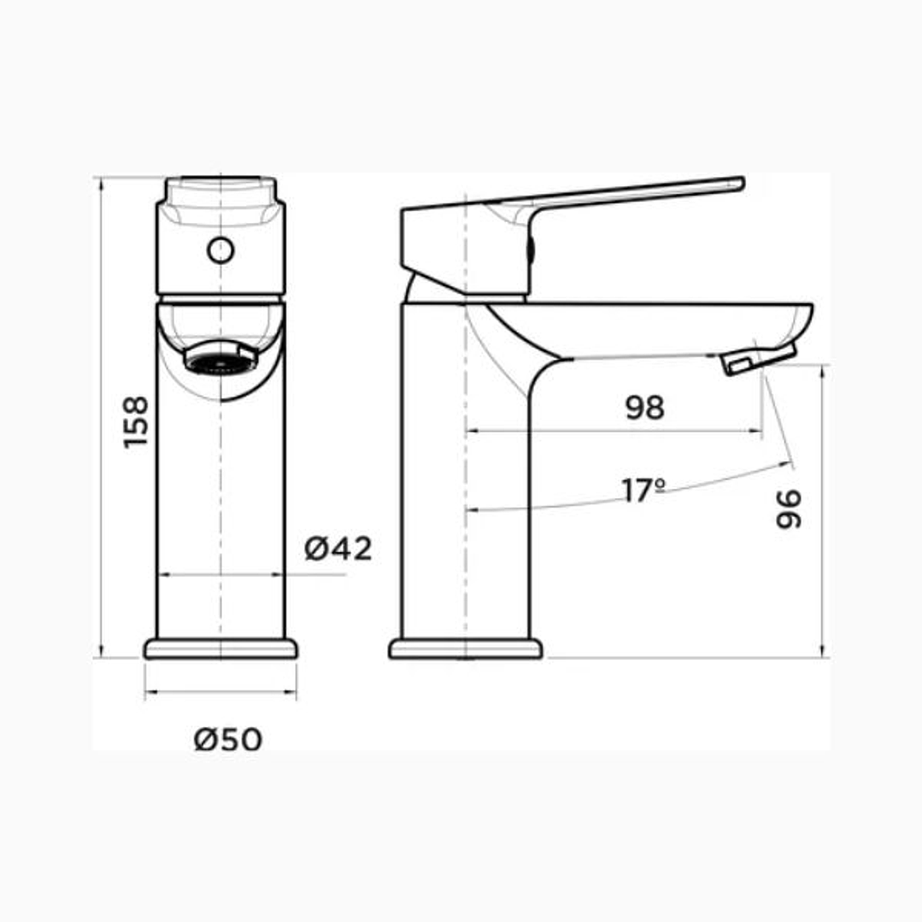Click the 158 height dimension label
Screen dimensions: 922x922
click(x=136, y=421)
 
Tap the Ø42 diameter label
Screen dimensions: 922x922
click(x=338, y=549)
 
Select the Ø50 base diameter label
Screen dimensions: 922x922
click(x=228, y=739)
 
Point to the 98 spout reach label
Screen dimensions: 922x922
click(x=644, y=408)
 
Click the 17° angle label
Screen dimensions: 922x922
click(x=643, y=491)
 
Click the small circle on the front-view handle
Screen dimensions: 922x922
click(x=220, y=250)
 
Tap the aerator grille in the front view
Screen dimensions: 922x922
click(x=220, y=361)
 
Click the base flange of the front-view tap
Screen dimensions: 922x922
click(x=220, y=649)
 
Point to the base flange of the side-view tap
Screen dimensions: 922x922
click(x=466, y=649)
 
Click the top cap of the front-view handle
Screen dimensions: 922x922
click(x=220, y=189)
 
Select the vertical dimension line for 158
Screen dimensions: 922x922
click(x=102, y=513)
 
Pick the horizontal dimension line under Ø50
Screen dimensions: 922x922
click(x=220, y=691)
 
